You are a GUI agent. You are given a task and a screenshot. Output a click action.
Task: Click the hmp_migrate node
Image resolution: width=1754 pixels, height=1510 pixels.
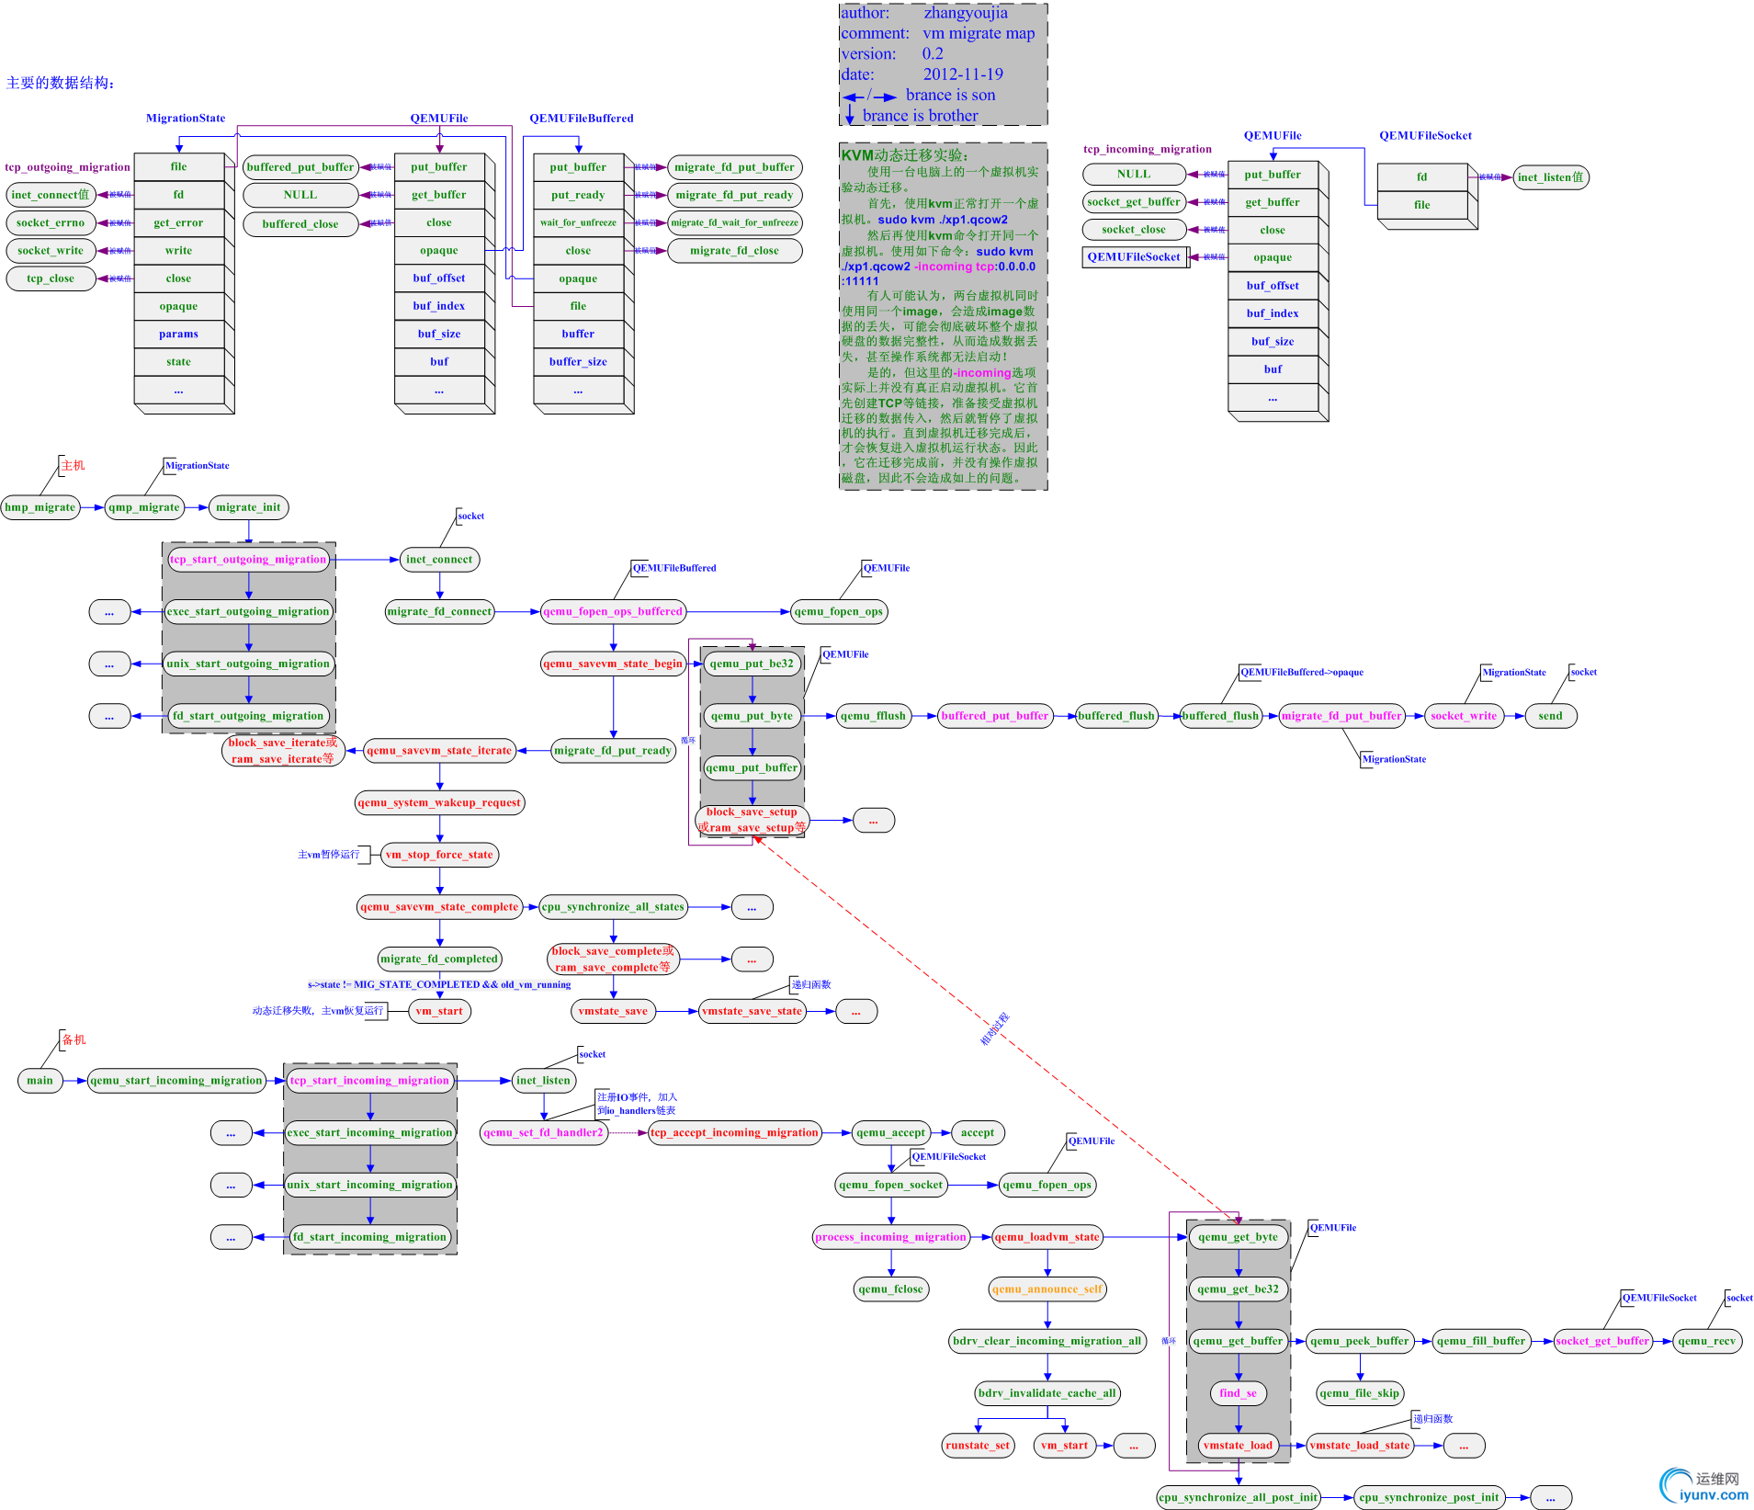(x=40, y=507)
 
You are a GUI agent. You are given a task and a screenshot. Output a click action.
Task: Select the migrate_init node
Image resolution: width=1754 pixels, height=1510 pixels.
(x=248, y=507)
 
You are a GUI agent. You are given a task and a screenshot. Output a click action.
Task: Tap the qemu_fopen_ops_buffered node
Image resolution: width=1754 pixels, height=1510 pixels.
(x=613, y=611)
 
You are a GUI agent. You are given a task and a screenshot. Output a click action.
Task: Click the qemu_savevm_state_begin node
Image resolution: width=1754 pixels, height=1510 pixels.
(x=613, y=664)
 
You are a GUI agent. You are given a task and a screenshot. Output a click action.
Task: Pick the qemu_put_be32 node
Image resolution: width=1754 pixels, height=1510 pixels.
(x=752, y=664)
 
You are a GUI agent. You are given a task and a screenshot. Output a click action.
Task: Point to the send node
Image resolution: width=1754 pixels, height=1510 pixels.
(x=1550, y=716)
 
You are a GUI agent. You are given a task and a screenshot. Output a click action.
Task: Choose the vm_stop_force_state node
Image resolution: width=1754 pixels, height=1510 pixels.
(x=439, y=855)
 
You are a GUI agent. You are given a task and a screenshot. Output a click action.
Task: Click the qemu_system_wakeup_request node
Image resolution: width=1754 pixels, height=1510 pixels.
(x=439, y=802)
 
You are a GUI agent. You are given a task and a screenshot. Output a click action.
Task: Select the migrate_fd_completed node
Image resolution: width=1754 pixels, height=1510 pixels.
(x=439, y=959)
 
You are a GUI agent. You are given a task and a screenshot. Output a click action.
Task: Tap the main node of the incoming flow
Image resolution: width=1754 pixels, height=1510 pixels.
(x=40, y=1081)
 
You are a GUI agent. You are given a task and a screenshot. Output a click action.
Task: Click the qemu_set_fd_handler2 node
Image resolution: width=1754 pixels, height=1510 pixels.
(x=544, y=1132)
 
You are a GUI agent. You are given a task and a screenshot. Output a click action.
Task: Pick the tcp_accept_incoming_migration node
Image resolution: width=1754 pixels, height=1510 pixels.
(x=734, y=1132)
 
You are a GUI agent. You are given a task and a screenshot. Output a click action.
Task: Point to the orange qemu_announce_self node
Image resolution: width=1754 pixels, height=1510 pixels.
(x=1047, y=1289)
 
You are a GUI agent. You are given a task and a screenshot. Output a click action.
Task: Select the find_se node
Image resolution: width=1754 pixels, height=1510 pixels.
(x=1238, y=1393)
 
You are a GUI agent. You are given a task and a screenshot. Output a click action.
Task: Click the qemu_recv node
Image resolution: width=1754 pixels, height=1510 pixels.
(x=1706, y=1341)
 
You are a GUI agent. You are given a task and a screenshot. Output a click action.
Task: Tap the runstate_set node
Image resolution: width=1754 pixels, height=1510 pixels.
(x=978, y=1446)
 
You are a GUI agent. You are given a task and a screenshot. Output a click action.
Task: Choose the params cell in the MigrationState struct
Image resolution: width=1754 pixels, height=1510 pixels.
(x=178, y=334)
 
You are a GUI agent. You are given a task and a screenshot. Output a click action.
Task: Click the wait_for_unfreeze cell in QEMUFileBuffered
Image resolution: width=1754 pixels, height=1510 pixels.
(x=578, y=222)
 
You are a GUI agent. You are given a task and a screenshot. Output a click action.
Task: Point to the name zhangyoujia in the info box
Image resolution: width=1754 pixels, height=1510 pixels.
(x=966, y=13)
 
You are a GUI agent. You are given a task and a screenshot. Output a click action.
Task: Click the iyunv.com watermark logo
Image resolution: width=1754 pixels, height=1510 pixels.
(x=1704, y=1487)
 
